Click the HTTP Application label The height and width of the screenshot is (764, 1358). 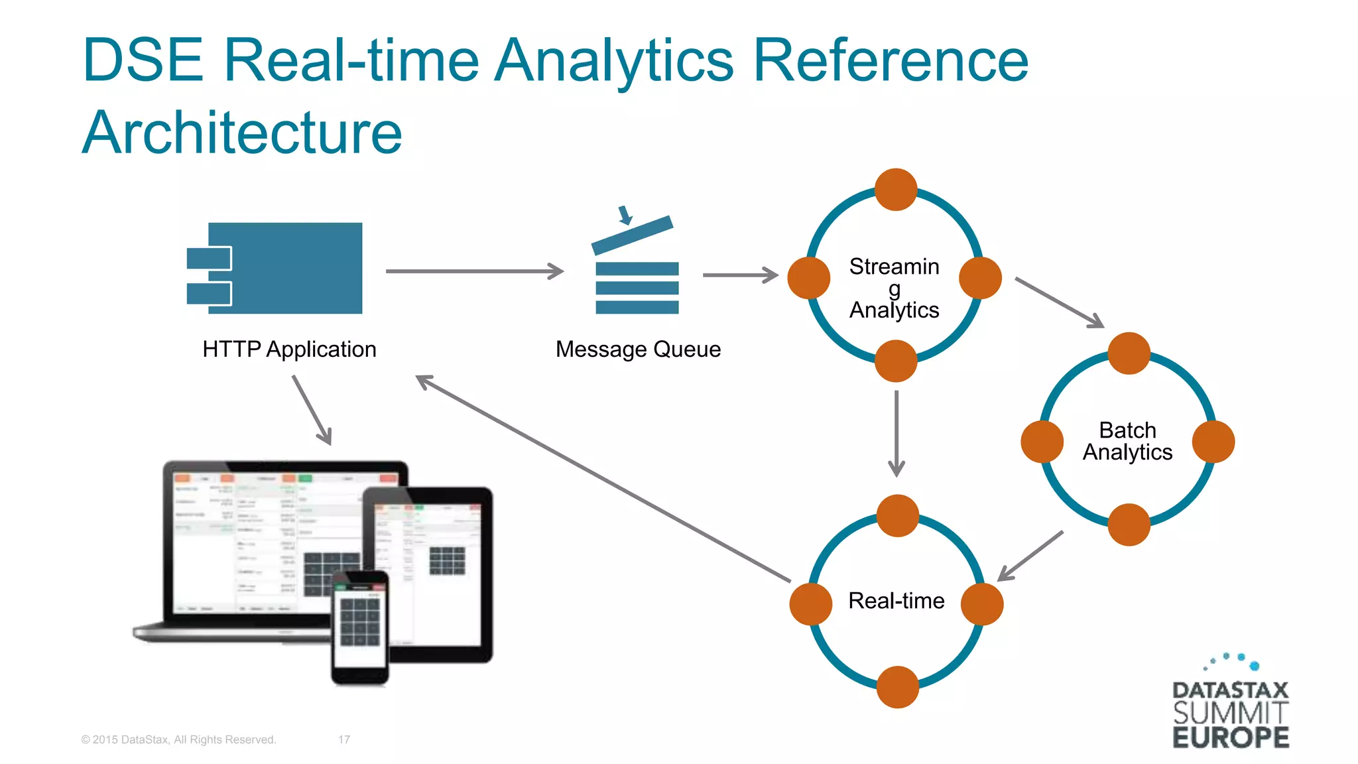coord(289,349)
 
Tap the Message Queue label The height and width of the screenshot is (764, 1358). coord(638,349)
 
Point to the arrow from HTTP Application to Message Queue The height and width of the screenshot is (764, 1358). coord(474,271)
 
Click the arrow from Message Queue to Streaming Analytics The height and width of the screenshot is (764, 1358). coord(740,275)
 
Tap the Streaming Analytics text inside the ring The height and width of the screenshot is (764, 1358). coord(894,288)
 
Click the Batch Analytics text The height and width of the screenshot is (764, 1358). coord(1127,441)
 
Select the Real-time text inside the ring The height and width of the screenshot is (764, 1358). coord(896,601)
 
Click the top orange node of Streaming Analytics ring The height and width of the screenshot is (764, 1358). coord(895,190)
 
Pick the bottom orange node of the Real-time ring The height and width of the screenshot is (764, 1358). coord(897,687)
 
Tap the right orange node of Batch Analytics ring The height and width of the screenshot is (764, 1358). coord(1213,442)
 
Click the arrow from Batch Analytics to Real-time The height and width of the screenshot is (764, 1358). coord(1030,556)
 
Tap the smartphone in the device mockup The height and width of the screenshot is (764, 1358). coord(360,627)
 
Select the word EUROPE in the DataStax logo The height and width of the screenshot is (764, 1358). coord(1230,737)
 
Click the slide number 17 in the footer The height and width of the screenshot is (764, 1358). coord(344,739)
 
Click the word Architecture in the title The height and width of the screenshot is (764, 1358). coord(242,133)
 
